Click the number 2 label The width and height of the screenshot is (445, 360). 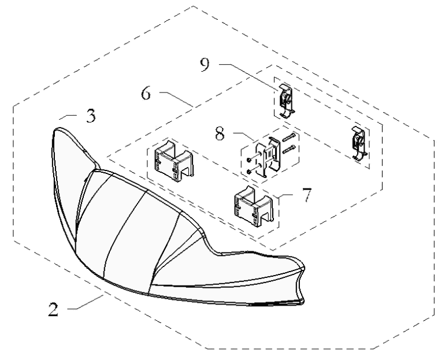tap(53, 309)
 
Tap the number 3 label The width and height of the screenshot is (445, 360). tap(91, 116)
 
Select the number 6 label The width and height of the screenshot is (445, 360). tap(146, 94)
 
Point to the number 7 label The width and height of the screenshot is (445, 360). tap(306, 195)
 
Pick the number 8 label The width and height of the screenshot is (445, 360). tap(220, 133)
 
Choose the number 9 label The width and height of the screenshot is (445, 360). tap(205, 64)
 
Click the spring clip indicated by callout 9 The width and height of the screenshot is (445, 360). tap(287, 101)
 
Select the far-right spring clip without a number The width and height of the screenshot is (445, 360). tap(359, 143)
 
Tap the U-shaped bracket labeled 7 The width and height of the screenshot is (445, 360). tap(254, 206)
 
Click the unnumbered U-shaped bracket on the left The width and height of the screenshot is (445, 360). tap(174, 160)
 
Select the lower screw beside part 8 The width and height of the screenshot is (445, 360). tap(289, 149)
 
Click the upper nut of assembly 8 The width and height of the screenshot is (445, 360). tap(249, 160)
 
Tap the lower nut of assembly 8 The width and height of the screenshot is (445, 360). tap(249, 172)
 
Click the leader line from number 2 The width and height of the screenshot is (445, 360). tap(86, 302)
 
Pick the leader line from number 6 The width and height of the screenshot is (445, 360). tap(176, 99)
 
